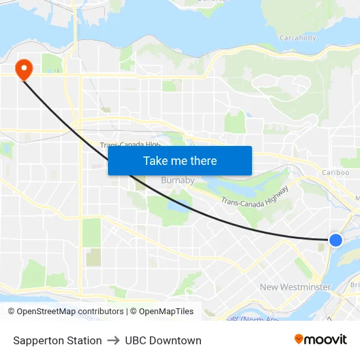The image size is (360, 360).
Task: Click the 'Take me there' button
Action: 180,161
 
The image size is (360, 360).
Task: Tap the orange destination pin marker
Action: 24,69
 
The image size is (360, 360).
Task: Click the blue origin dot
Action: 335,240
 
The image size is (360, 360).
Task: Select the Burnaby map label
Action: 177,180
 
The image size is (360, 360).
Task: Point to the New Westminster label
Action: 295,287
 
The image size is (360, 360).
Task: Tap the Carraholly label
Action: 298,38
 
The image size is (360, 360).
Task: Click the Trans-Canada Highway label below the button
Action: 255,195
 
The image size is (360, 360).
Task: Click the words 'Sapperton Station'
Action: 58,340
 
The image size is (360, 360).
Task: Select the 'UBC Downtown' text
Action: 163,340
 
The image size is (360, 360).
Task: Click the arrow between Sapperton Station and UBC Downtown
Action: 113,340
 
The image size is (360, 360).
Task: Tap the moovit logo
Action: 321,339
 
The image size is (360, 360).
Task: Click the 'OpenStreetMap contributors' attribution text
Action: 70,312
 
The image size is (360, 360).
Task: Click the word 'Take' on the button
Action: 154,161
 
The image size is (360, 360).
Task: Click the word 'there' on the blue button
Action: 203,161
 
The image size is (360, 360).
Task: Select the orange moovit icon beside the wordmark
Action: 299,339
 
